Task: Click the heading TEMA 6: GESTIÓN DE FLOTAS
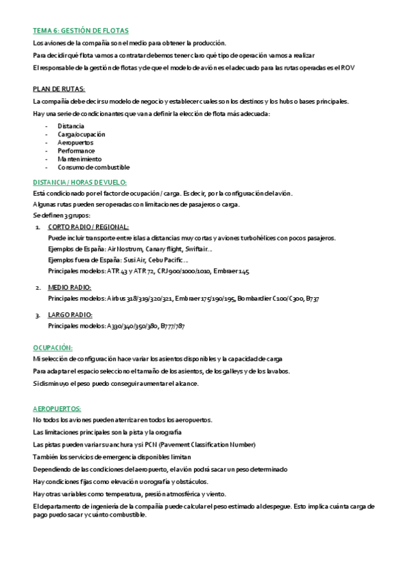coord(81,31)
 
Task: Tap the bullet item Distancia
coord(71,126)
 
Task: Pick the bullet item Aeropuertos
coord(76,142)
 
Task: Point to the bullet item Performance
coord(76,151)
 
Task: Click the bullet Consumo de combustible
coord(93,167)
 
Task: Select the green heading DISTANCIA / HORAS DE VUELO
coord(80,182)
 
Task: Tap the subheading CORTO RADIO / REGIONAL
coord(89,226)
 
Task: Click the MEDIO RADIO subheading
coord(69,287)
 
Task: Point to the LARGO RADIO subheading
coord(69,314)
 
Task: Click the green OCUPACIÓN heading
coord(52,347)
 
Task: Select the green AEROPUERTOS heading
coord(57,408)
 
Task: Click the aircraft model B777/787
coord(172,326)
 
